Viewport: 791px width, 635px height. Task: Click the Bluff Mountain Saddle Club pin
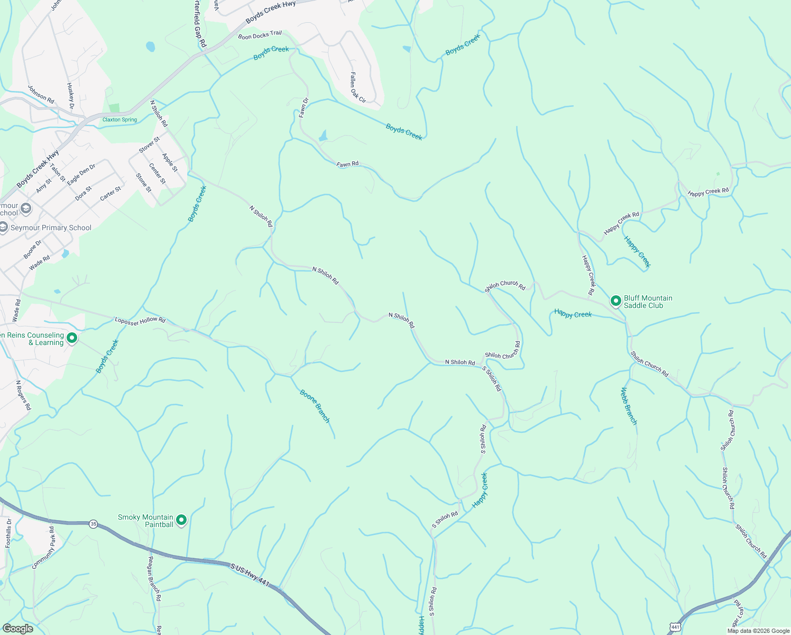pos(615,301)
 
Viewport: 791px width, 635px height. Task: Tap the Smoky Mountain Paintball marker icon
pos(181,520)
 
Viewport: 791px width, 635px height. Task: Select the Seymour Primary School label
pos(51,228)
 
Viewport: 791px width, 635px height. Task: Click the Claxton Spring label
pos(119,120)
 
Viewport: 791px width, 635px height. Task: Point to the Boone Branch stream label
pos(315,406)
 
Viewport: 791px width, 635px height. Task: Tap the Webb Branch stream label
pos(629,406)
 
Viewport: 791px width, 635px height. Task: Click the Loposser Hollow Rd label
pos(140,320)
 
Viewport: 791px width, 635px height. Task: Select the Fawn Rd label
pos(347,164)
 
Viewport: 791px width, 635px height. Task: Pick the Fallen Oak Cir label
pos(357,87)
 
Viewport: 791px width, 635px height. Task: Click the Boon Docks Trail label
pos(260,35)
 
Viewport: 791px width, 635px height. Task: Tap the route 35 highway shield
pos(94,523)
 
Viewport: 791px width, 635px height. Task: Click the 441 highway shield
pos(675,627)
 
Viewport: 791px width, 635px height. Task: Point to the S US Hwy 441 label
pos(250,574)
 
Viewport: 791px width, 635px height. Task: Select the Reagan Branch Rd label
pos(153,579)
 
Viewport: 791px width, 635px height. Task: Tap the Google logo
pos(18,629)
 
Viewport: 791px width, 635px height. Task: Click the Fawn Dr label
pos(304,107)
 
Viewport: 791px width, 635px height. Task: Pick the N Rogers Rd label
pos(23,395)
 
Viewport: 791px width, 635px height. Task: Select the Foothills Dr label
pos(8,533)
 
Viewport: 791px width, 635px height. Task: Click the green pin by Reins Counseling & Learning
pos(72,338)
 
